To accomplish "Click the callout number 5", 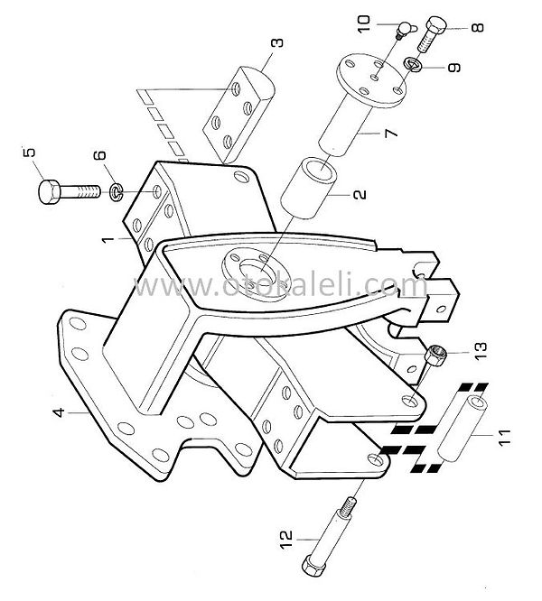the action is pos(29,152).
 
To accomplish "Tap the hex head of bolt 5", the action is pos(50,191).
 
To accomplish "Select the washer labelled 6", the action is pos(117,192).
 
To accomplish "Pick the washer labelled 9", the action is pos(412,64).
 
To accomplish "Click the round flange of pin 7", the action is pos(370,81).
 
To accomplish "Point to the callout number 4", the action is pos(59,412).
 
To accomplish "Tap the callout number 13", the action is pos(481,350).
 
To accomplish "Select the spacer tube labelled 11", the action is pos(463,429).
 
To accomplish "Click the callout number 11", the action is pos(505,438).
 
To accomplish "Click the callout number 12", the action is pos(286,540).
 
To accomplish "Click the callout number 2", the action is pos(360,194).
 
